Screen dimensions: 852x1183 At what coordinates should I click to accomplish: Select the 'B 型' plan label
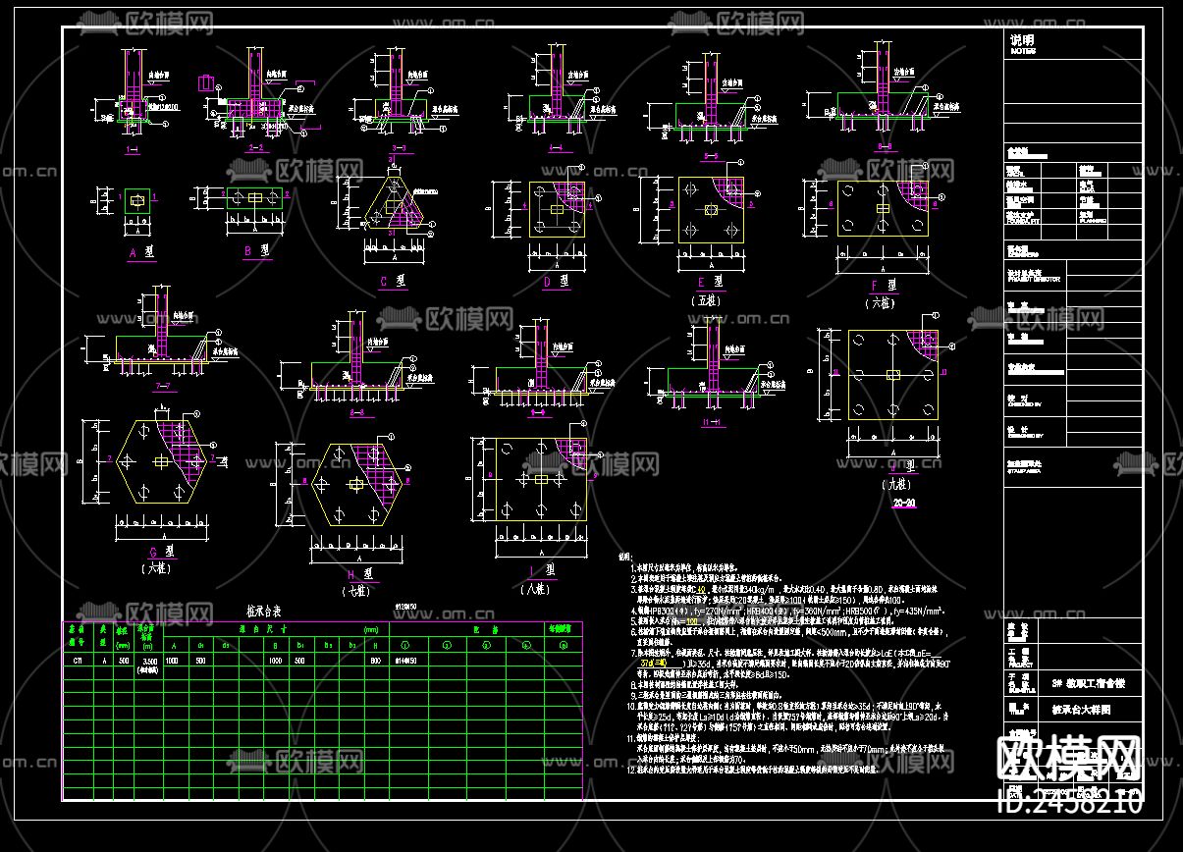[x=257, y=251]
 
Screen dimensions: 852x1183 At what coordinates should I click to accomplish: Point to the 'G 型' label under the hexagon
[x=154, y=552]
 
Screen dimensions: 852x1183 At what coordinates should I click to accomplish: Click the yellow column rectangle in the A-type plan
[x=137, y=201]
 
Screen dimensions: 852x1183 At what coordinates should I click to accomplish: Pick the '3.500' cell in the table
[x=149, y=662]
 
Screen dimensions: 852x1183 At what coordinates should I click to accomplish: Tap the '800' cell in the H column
[x=374, y=662]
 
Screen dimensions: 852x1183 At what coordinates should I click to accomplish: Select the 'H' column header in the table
[x=374, y=645]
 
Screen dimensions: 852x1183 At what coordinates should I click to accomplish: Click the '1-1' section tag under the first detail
[x=133, y=150]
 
